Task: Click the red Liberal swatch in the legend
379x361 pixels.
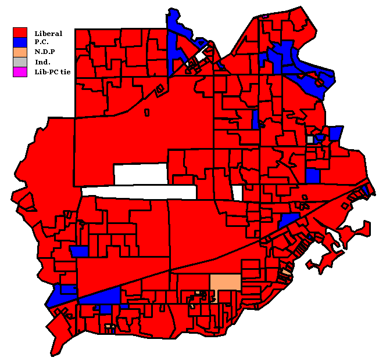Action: [x=20, y=33]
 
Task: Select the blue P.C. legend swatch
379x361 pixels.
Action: [x=20, y=42]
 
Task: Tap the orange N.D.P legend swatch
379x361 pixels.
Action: [x=20, y=52]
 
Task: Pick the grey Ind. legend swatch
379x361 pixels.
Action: [x=20, y=62]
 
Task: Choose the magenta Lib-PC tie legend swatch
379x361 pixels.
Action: [x=20, y=72]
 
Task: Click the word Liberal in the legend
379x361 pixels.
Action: [x=48, y=33]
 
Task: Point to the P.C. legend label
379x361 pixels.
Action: [x=42, y=42]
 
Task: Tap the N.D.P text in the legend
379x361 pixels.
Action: [x=44, y=52]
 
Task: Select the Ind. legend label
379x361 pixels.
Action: [x=42, y=62]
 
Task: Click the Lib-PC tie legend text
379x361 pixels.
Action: [x=51, y=72]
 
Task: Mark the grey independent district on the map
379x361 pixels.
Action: [x=310, y=139]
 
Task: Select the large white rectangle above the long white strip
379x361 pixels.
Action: [x=141, y=173]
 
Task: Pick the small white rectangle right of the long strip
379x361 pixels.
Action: [x=237, y=192]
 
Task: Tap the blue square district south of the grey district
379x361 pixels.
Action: [x=313, y=175]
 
